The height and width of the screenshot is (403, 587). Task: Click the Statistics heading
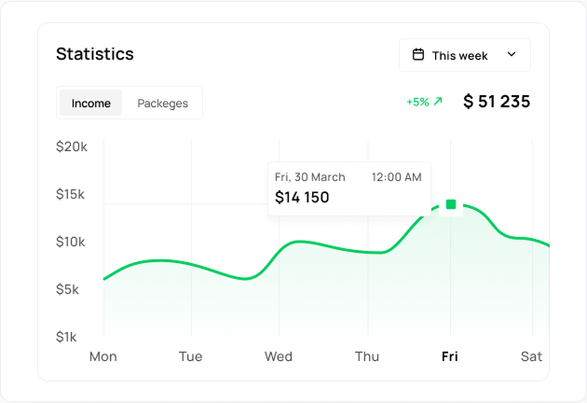coord(95,54)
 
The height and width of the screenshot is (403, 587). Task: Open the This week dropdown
coord(464,55)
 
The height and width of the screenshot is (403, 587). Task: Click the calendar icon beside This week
coord(418,55)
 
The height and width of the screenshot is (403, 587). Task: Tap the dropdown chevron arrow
coord(512,55)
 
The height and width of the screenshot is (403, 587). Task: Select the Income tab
coord(91,104)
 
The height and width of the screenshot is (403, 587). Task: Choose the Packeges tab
coord(162,104)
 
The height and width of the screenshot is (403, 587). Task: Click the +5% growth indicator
coord(424,102)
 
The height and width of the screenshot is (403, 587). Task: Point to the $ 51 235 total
coord(497,102)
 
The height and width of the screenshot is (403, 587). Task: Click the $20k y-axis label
coord(71,146)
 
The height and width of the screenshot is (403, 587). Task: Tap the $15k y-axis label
coord(71,194)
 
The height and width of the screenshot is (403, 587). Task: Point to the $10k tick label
coord(71,242)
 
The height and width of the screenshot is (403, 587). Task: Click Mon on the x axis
coord(102,356)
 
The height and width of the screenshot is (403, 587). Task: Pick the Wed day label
coord(279,356)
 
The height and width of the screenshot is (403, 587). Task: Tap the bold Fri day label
coord(450,356)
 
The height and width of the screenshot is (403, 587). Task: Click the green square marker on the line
coord(451,204)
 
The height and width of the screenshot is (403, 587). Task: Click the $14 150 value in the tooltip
coord(302,198)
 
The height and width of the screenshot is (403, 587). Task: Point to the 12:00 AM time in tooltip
coord(396,177)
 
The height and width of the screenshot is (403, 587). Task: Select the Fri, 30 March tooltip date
coord(310,177)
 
